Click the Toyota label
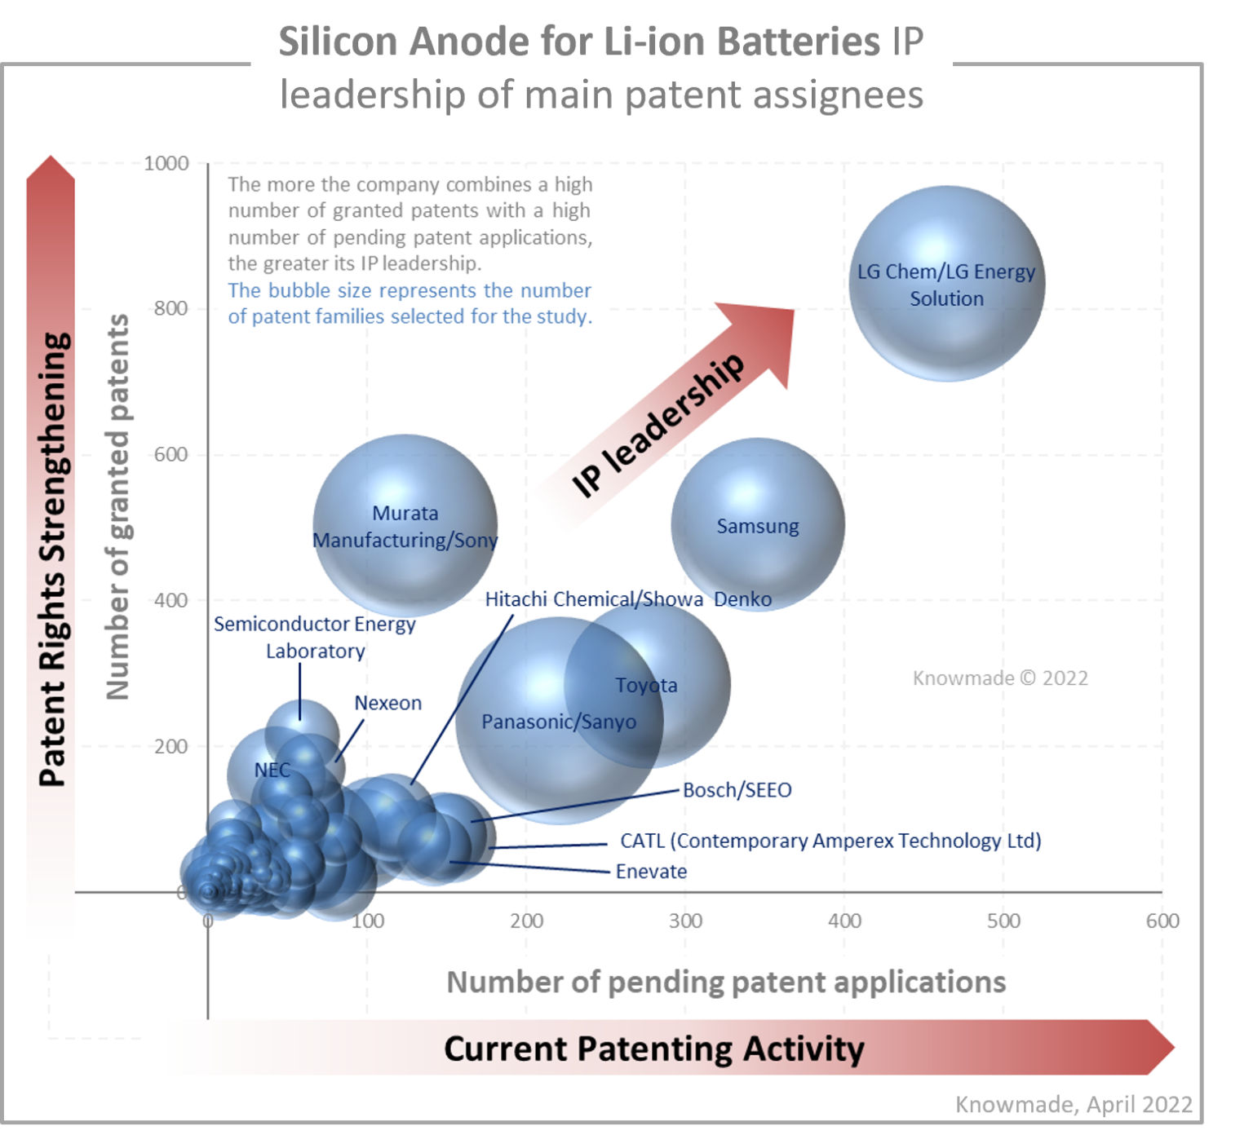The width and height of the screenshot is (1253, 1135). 646,685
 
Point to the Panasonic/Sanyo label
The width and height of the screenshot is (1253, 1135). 559,722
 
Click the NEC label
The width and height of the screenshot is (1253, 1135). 272,770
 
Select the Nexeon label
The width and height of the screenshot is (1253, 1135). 388,703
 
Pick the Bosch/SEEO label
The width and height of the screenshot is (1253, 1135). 737,789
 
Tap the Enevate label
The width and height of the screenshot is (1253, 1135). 651,871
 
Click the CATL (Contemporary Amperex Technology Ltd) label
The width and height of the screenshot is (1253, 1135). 830,841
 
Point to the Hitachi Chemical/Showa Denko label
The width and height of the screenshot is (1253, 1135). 628,599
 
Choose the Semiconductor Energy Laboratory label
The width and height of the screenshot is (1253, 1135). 315,637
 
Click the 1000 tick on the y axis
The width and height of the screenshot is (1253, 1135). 166,163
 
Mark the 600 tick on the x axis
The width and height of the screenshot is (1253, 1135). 1162,921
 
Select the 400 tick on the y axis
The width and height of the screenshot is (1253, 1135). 170,600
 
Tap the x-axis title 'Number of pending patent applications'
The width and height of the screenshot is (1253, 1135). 726,982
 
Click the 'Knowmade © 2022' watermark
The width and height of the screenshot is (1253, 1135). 1000,678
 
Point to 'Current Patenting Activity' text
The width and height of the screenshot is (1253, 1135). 653,1049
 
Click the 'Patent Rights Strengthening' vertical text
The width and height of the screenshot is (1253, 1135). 52,559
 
